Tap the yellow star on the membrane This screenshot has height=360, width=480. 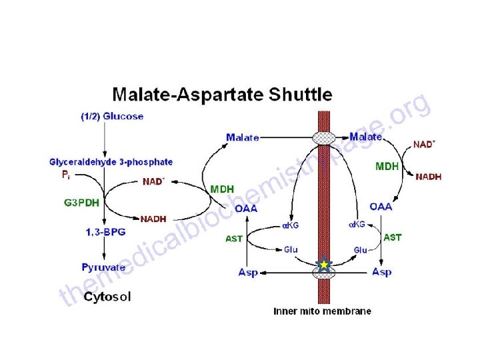(x=324, y=265)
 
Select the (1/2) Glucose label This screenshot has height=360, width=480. (x=112, y=116)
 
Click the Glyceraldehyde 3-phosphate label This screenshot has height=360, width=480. (x=111, y=161)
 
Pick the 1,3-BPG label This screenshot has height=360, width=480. (x=105, y=231)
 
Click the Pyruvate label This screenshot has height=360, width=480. (x=104, y=267)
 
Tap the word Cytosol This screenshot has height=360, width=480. (x=107, y=297)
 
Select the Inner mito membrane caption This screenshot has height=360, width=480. (x=323, y=311)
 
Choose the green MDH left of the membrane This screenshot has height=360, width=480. (x=222, y=189)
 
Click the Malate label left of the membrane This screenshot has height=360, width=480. (x=243, y=137)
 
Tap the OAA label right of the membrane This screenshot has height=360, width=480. (x=381, y=207)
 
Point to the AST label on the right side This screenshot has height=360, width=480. (x=393, y=237)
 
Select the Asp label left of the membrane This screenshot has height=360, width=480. (x=249, y=272)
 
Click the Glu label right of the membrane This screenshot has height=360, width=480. (x=361, y=250)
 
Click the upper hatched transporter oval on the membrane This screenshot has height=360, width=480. (x=325, y=138)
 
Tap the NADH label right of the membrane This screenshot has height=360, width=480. (x=428, y=177)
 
